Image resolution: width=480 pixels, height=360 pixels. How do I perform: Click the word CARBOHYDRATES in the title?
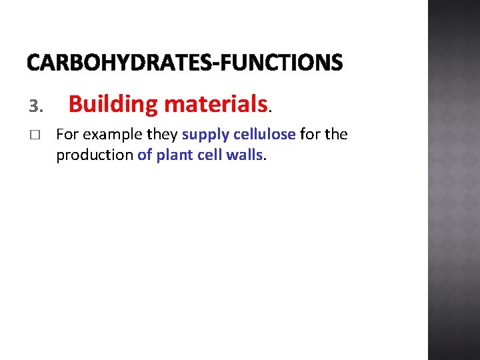click(x=117, y=63)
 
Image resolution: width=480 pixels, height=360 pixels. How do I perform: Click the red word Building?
click(x=113, y=105)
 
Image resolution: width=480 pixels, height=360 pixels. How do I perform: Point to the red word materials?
click(x=215, y=105)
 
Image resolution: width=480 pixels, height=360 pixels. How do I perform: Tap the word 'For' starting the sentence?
click(x=67, y=135)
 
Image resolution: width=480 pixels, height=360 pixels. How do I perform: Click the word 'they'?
click(x=162, y=135)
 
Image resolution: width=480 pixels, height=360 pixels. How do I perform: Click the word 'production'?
click(x=95, y=155)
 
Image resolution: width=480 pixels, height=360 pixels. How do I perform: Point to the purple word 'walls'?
click(x=244, y=155)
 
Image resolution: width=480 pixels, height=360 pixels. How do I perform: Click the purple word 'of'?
click(x=145, y=155)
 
